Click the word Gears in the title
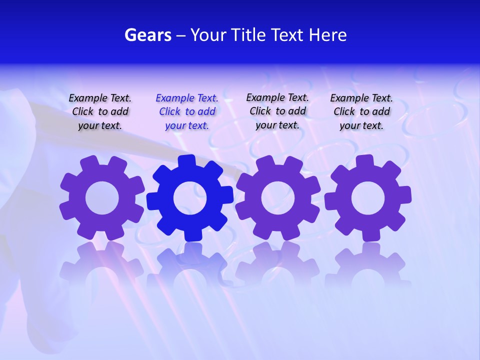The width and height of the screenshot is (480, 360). point(148,35)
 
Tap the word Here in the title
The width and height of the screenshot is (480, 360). point(327,35)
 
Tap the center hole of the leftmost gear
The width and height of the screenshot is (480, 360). point(102,198)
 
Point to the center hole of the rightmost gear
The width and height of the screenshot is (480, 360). point(368,198)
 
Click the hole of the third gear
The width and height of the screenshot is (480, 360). point(278,197)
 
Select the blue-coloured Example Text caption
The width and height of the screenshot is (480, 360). point(187,111)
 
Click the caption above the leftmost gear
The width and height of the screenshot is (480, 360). point(100,111)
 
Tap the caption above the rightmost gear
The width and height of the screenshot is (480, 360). point(361,111)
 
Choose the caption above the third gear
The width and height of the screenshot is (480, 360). point(277,111)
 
